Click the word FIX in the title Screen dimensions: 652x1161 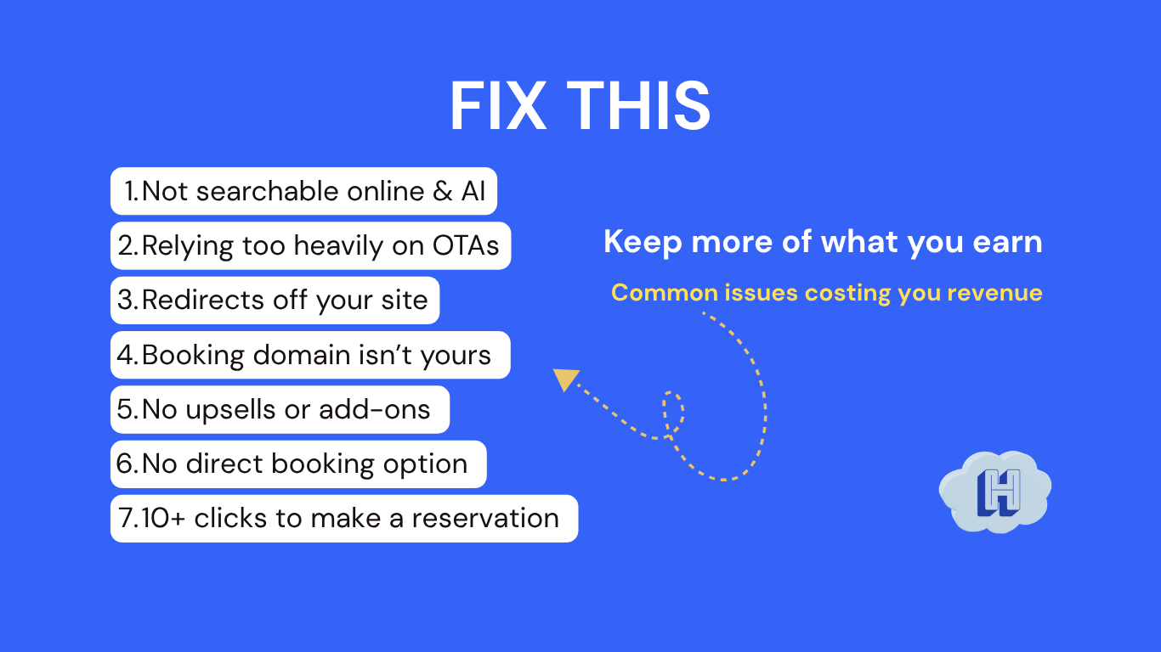tap(497, 107)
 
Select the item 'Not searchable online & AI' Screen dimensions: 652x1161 tap(303, 191)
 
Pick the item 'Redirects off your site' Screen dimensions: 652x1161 tap(275, 301)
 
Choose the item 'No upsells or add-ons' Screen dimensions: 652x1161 tap(280, 409)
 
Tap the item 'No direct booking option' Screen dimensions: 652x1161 tap(298, 464)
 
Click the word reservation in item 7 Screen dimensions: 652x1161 tap(485, 518)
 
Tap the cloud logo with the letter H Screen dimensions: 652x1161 tap(995, 492)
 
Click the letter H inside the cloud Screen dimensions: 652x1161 tap(999, 492)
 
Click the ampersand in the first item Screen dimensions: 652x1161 tap(442, 191)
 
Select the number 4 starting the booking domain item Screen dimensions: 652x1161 tap(124, 355)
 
